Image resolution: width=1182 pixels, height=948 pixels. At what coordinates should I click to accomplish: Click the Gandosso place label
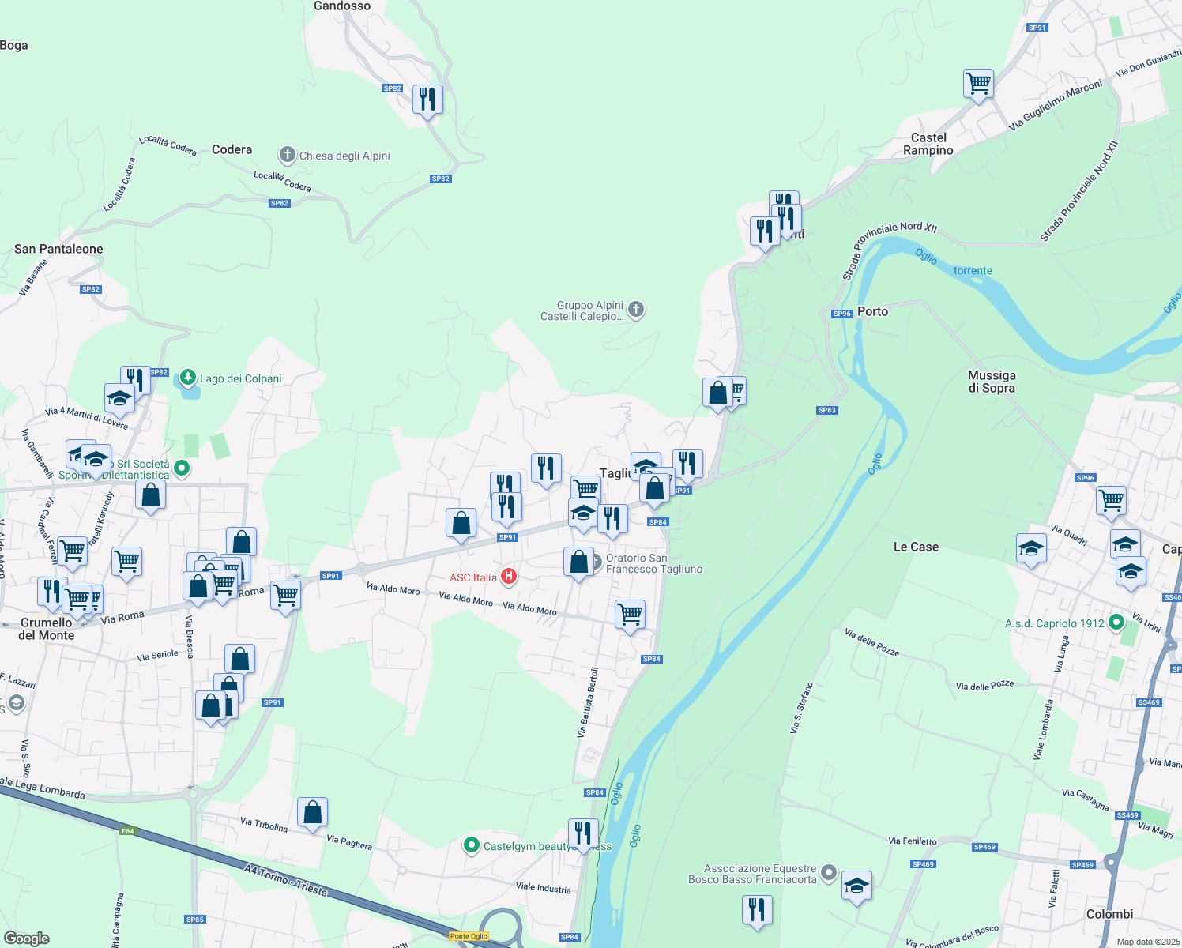(x=341, y=6)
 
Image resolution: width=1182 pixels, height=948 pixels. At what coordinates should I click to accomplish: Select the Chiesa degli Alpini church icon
(x=288, y=155)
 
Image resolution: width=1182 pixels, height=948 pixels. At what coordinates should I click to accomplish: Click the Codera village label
(x=232, y=149)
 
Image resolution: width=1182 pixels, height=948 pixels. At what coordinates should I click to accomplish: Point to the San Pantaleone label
(x=58, y=249)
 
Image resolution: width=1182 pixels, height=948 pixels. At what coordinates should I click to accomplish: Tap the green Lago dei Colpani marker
(x=188, y=378)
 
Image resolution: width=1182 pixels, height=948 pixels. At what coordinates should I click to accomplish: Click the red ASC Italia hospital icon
(x=509, y=577)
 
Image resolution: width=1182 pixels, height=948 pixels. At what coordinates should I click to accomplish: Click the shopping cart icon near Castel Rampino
(x=978, y=83)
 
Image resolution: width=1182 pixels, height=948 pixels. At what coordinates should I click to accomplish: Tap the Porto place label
(x=872, y=311)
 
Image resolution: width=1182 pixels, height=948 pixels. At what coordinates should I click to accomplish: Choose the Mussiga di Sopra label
(x=992, y=382)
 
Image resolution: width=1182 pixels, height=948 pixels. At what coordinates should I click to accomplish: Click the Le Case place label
(x=916, y=547)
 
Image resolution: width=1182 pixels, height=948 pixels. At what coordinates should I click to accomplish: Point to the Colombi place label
(x=1109, y=914)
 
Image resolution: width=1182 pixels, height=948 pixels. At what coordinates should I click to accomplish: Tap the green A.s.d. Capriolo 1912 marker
(x=1116, y=623)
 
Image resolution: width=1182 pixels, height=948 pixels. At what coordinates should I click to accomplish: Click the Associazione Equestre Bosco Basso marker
(x=828, y=873)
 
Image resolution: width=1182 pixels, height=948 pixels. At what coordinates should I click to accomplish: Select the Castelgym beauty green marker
(x=472, y=845)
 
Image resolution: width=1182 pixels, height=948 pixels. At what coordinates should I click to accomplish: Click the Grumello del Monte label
(x=46, y=629)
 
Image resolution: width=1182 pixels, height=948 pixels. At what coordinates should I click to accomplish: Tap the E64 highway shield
(x=128, y=830)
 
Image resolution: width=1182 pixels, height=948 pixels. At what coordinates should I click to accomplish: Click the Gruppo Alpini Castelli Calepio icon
(x=636, y=310)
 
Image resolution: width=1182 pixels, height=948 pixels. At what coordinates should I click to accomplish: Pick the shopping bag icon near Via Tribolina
(x=312, y=812)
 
